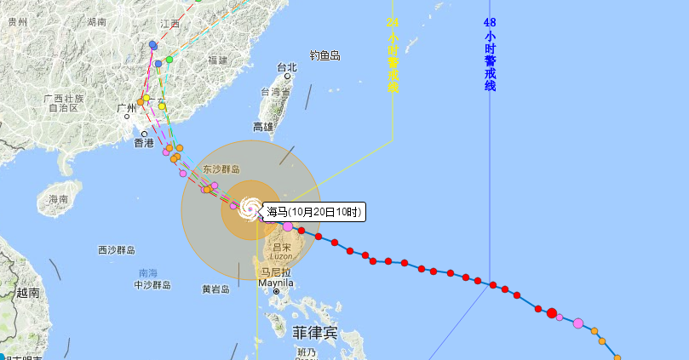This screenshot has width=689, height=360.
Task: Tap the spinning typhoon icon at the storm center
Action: point(250,208)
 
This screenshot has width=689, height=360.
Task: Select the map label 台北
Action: point(287,68)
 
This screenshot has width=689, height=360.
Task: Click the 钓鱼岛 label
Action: point(324,55)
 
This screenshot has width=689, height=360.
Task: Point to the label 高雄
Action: point(263,127)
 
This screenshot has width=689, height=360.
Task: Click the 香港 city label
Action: point(144,144)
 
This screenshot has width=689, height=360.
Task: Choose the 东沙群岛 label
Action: point(222,169)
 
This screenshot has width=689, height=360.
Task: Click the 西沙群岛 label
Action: point(117,250)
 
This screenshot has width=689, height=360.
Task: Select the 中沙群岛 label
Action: point(152,285)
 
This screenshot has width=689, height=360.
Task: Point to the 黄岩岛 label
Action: point(215,289)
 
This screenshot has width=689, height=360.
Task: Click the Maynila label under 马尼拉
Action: point(276,283)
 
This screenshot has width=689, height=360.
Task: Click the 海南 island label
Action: point(58,199)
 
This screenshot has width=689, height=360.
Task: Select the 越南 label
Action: point(28,293)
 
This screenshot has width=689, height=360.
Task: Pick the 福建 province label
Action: point(217,60)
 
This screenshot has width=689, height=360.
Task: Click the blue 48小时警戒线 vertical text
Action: point(490,54)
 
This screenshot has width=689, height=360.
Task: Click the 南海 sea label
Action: point(147,273)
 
